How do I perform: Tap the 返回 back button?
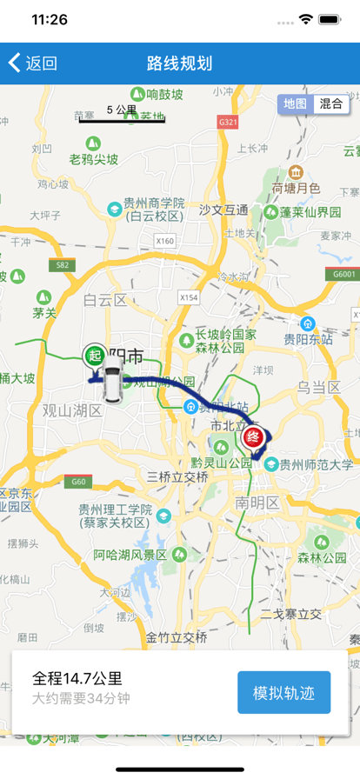click(32, 63)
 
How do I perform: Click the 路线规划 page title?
click(180, 63)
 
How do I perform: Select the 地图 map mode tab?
click(295, 103)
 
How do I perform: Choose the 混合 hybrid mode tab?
click(330, 103)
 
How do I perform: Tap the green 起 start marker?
click(94, 356)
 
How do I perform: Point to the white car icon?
click(110, 383)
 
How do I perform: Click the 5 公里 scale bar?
click(122, 115)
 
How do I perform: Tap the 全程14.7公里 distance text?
click(77, 678)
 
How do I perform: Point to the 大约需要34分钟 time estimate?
click(82, 698)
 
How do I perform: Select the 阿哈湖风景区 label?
click(130, 555)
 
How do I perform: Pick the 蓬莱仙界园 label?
click(310, 212)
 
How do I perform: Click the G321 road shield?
click(229, 123)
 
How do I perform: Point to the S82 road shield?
click(62, 264)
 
